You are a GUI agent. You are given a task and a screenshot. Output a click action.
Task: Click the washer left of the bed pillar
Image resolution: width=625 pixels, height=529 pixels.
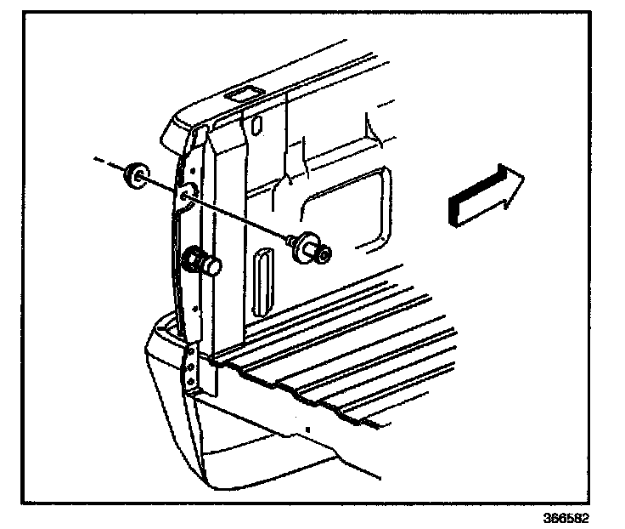click(x=134, y=176)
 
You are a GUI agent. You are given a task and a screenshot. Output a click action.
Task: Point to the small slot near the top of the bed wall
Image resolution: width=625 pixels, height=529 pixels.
click(x=254, y=123)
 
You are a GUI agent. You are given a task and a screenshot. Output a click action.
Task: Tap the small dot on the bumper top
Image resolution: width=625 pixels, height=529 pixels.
click(x=307, y=424)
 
